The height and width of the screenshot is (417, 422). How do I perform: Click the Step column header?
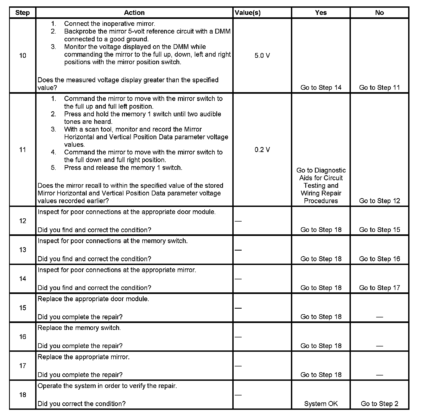click(22, 13)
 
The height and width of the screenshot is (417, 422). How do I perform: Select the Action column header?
click(134, 13)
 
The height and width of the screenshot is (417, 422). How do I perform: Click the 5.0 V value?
click(262, 56)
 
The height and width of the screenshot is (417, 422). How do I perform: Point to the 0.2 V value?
click(262, 150)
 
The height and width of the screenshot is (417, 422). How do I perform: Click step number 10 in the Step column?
click(23, 56)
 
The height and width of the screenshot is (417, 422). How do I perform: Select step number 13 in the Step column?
click(23, 250)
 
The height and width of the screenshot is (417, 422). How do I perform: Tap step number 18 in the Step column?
click(23, 395)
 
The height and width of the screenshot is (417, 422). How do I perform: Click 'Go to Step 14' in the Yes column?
click(321, 88)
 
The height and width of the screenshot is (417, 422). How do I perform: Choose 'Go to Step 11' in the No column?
click(379, 88)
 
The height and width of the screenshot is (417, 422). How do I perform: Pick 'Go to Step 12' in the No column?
click(379, 201)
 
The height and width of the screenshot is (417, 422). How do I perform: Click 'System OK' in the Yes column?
click(321, 404)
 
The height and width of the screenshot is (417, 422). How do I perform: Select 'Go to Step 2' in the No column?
click(379, 404)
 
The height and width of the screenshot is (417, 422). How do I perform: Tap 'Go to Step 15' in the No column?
click(379, 230)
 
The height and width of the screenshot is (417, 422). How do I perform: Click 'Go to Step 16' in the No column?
click(379, 259)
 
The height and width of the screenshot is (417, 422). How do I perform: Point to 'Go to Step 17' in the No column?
click(379, 288)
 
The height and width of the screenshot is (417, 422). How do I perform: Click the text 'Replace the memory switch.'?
click(79, 328)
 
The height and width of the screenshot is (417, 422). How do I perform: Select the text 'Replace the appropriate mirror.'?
click(83, 357)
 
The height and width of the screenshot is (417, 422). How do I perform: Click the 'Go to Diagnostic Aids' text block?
click(321, 186)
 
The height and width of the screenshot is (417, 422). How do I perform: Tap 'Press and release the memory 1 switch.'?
click(123, 168)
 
